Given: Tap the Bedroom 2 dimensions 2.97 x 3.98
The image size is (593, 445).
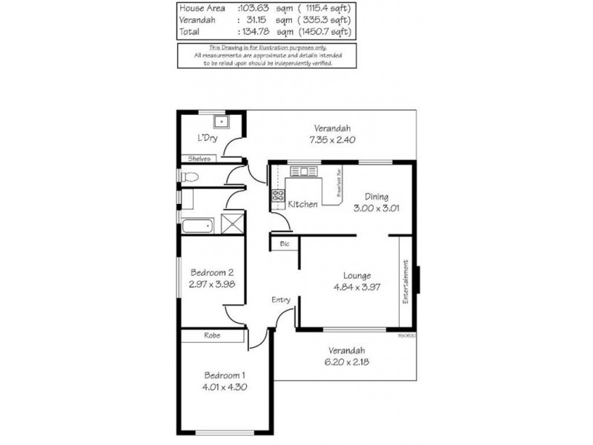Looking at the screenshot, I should (213, 283).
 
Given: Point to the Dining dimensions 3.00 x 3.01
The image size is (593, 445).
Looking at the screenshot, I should (377, 208).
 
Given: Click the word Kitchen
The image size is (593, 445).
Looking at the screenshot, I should (302, 204).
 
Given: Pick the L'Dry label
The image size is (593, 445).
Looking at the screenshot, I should (206, 139).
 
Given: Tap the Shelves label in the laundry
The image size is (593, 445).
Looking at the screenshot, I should (199, 159).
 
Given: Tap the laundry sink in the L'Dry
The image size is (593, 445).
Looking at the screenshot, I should (221, 121).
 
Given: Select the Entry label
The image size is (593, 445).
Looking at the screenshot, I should (280, 300).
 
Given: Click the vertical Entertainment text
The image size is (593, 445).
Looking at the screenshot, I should (405, 280).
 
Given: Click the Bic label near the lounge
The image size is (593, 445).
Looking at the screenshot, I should (284, 243).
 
